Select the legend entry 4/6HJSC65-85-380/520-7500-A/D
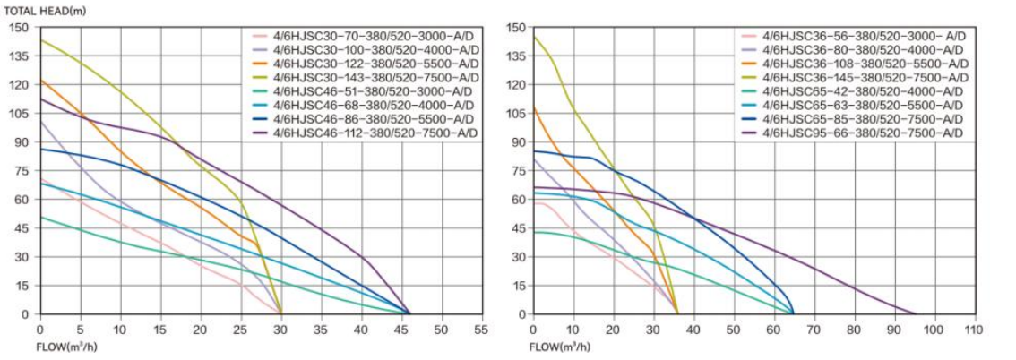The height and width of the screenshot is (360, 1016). [x=863, y=119]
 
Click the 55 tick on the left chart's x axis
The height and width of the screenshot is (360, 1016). [x=481, y=329]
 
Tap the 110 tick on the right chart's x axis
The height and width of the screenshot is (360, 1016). [x=975, y=329]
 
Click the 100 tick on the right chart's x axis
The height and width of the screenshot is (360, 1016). [x=934, y=329]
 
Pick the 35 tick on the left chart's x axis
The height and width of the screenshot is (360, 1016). [x=321, y=329]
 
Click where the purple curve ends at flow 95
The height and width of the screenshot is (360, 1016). [x=915, y=313]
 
